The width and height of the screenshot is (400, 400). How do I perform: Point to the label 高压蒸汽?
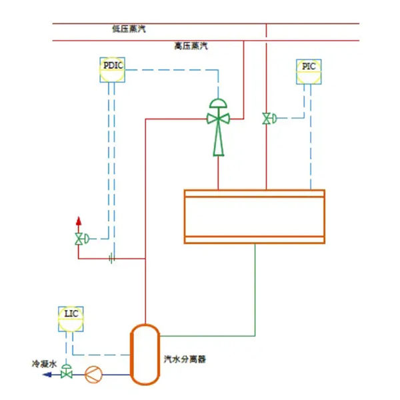click(x=191, y=46)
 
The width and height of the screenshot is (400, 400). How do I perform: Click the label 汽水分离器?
click(x=185, y=359)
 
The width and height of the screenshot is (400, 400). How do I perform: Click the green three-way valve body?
click(x=218, y=119)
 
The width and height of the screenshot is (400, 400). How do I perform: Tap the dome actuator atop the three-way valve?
click(x=218, y=103)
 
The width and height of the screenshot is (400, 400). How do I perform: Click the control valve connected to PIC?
click(x=267, y=119)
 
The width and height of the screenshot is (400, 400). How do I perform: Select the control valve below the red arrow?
click(x=79, y=239)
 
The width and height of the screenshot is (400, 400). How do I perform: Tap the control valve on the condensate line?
click(x=66, y=374)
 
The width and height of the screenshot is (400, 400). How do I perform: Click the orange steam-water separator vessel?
click(x=144, y=354)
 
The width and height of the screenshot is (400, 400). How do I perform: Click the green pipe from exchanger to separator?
click(x=256, y=293)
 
